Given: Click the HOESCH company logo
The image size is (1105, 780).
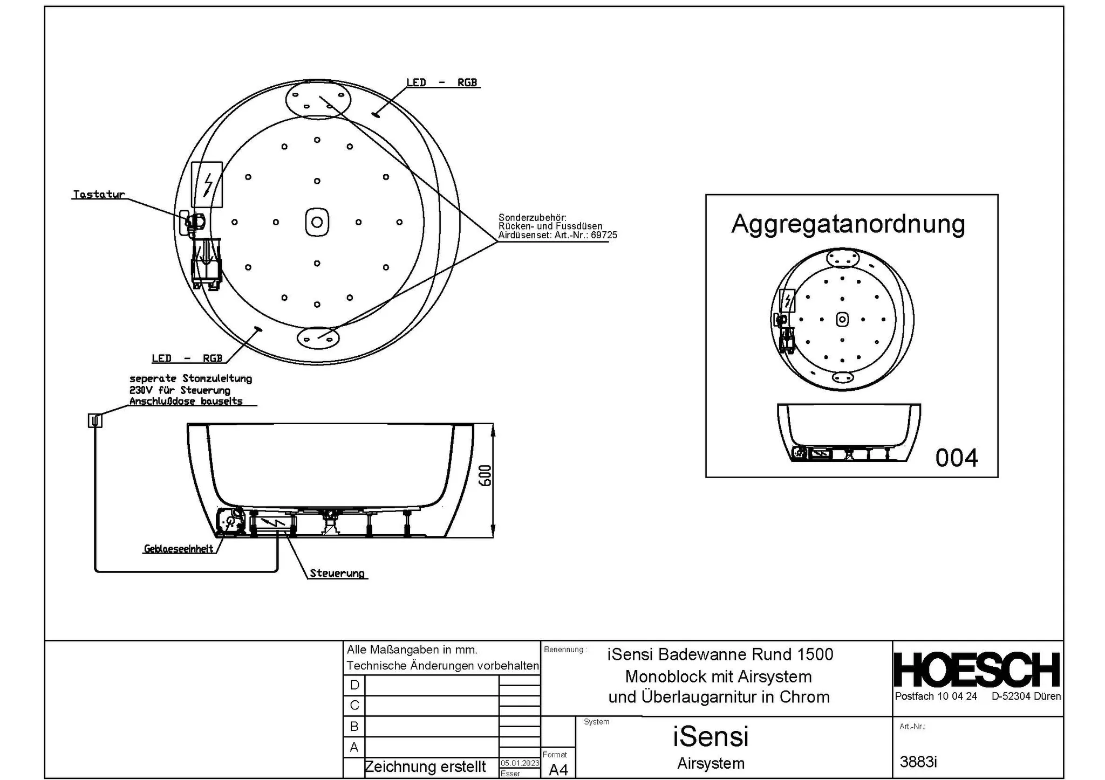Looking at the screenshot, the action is click(x=977, y=670).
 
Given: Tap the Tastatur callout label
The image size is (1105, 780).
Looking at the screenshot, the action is click(x=99, y=195).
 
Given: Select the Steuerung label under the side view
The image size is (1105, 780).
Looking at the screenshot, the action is click(x=337, y=573).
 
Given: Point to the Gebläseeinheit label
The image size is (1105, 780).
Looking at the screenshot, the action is click(x=179, y=549).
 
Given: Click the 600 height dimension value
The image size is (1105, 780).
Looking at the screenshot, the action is click(x=486, y=475).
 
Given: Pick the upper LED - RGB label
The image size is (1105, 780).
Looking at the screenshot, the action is click(x=442, y=82).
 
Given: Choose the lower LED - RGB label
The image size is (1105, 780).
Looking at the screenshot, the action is click(x=187, y=358).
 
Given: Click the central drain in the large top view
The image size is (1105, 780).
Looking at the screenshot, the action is click(x=317, y=222).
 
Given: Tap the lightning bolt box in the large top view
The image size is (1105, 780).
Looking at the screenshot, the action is click(x=207, y=185).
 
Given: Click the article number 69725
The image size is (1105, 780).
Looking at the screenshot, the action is click(x=604, y=235).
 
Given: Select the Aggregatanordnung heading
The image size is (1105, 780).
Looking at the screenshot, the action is click(x=848, y=224).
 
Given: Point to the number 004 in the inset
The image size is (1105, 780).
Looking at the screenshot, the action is click(x=957, y=458).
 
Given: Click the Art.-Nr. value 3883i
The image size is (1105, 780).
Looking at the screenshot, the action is click(x=918, y=762).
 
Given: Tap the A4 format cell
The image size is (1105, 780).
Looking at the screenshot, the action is click(x=558, y=770).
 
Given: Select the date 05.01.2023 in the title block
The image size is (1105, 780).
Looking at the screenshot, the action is click(x=520, y=763).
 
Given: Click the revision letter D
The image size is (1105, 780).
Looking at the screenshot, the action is click(x=354, y=685).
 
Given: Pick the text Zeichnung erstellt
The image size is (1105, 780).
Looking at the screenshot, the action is click(x=425, y=767).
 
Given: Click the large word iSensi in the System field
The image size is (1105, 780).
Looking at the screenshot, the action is click(x=711, y=736).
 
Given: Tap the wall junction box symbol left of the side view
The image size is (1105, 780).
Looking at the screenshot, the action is click(x=95, y=420).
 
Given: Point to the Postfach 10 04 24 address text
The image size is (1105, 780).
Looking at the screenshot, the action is click(x=936, y=696).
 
